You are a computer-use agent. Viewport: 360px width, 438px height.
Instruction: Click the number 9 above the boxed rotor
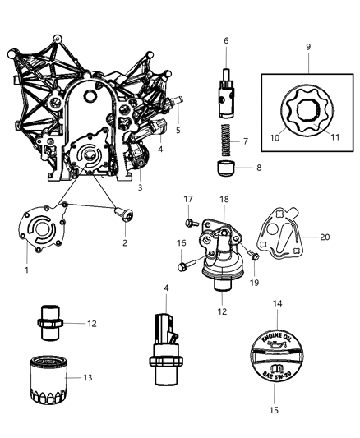307,47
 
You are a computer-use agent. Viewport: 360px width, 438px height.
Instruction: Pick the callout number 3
141,187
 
